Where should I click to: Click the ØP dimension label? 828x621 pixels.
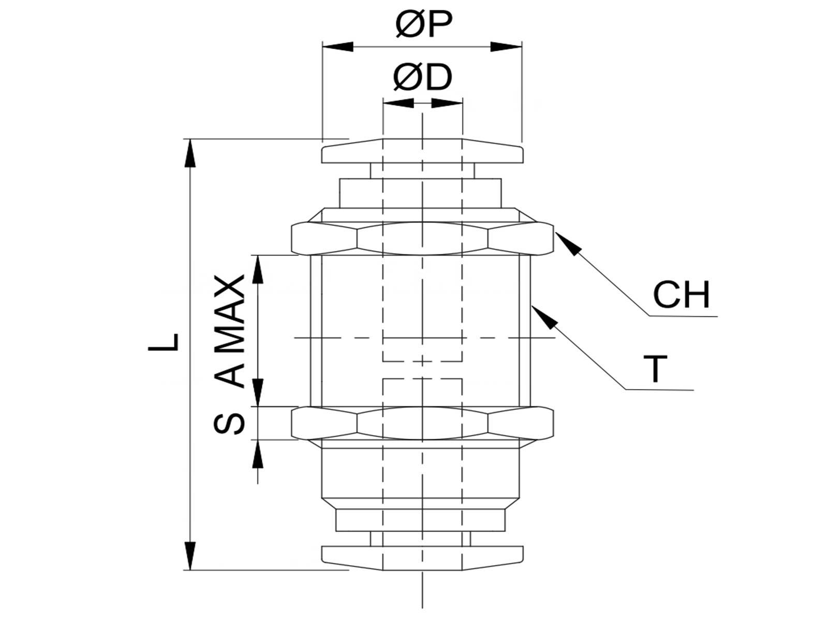coord(423,25)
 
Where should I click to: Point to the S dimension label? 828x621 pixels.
coord(229,423)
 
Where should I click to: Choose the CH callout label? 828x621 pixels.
coord(681,294)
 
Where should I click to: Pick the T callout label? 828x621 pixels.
coord(656,368)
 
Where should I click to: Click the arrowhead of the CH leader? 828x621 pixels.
coord(567,244)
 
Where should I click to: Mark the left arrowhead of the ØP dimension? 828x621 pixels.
coord(337,47)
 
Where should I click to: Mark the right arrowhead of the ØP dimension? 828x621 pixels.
coord(506,47)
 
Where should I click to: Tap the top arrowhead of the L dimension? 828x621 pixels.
coord(190,153)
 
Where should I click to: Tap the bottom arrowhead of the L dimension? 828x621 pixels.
coord(190,556)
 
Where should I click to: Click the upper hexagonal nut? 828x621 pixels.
coord(422,238)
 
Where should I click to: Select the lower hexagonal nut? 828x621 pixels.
coord(422,423)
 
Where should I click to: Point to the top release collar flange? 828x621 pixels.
coord(422,151)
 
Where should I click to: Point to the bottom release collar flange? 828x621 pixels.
coord(422,558)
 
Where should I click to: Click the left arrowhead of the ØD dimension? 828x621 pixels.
coord(398,103)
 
